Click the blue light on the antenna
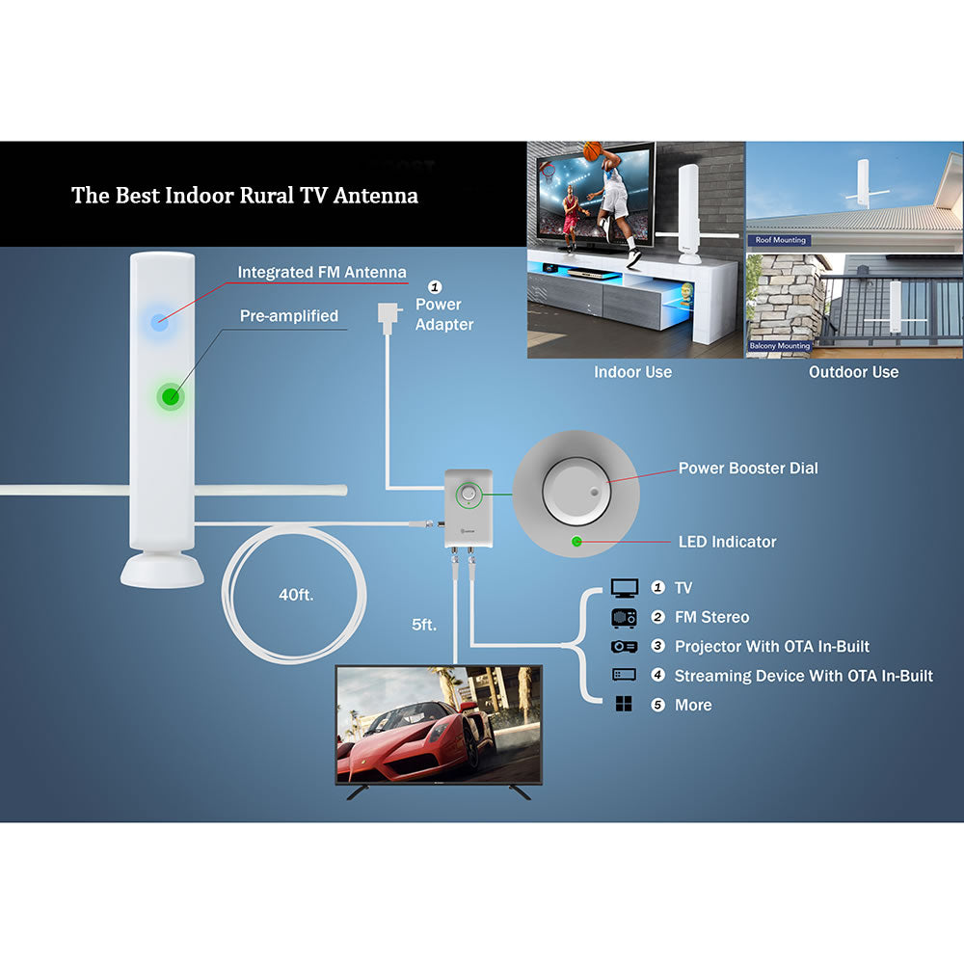(160, 322)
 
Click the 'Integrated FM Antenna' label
(322, 273)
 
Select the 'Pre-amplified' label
(288, 316)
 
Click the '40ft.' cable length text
(296, 595)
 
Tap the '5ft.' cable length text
(423, 625)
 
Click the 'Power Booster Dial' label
(748, 469)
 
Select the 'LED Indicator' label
(727, 542)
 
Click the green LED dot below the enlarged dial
(576, 541)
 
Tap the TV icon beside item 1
(625, 588)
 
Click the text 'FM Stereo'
(711, 617)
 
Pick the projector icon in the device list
(625, 647)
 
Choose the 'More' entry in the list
(693, 706)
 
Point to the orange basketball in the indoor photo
(591, 151)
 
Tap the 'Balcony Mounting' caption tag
(780, 345)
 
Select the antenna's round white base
(162, 570)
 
